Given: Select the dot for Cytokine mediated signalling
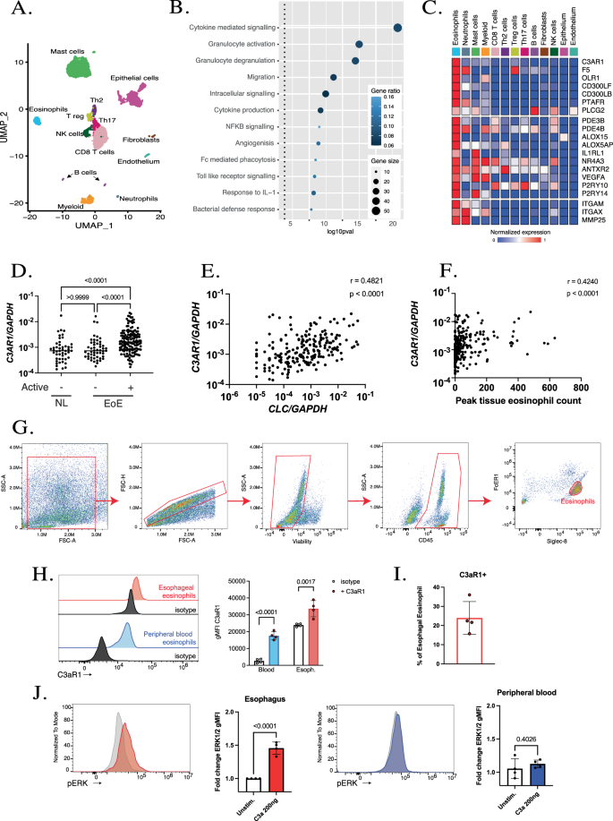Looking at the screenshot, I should pos(396,28).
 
